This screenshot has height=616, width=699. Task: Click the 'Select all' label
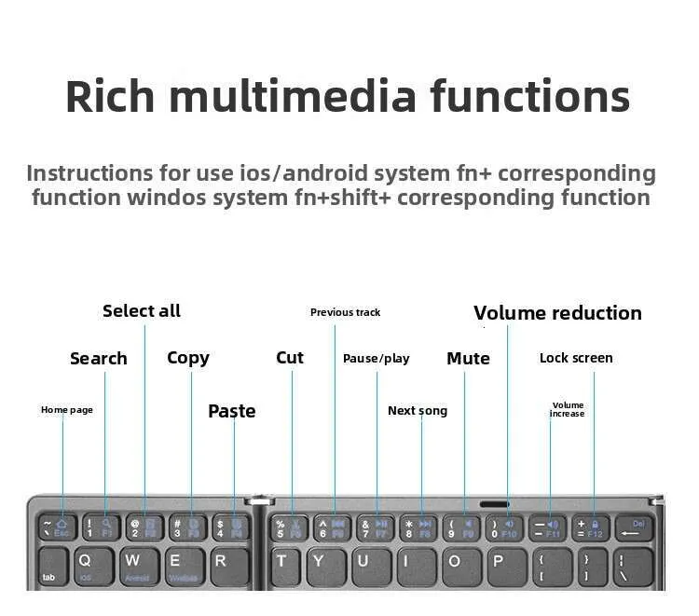pos(142,311)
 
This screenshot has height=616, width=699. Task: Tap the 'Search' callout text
pos(98,359)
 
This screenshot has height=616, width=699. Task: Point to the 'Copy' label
pos(188,358)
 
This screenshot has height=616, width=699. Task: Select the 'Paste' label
pos(231,411)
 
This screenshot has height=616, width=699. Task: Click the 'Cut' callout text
pos(290,358)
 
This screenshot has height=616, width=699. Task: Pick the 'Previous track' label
pos(345,312)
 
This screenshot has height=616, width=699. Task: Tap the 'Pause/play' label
pos(376,359)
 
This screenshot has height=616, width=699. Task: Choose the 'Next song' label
pos(418,411)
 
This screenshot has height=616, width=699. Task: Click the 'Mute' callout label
pos(468,359)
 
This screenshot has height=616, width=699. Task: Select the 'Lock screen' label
pos(576,358)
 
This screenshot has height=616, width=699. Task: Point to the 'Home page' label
pos(67,410)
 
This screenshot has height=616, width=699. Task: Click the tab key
pos(52,567)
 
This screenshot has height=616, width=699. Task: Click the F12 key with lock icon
pos(593,528)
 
